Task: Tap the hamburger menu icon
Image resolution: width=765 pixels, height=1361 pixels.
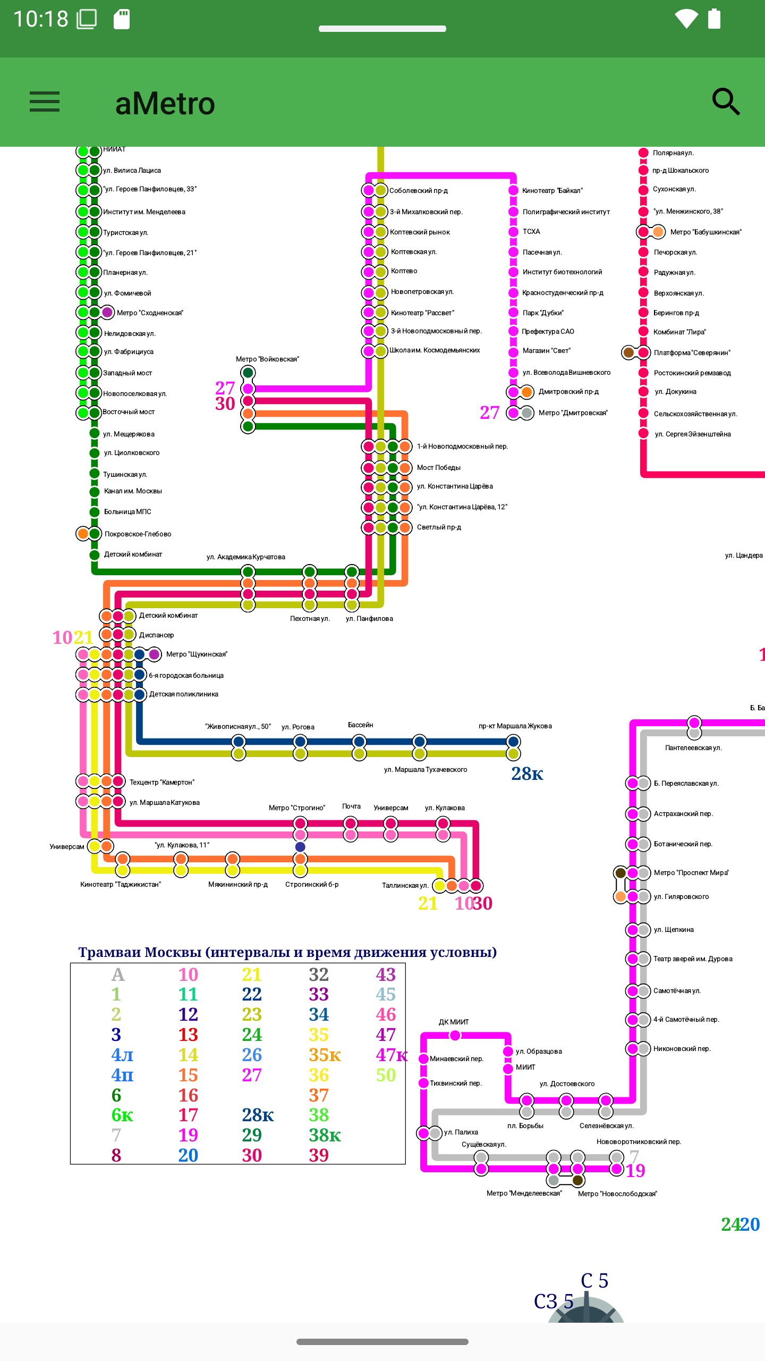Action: pos(45,102)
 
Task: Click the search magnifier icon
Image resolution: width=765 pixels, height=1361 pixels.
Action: pos(726,102)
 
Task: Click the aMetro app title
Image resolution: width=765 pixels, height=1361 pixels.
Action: pos(165,104)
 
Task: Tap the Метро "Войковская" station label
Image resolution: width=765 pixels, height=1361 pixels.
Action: pos(267,359)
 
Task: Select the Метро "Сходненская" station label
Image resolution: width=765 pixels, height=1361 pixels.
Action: pos(150,313)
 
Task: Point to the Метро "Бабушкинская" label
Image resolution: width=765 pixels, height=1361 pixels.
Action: pos(705,232)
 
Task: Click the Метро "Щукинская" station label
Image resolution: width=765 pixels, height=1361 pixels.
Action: pos(197,654)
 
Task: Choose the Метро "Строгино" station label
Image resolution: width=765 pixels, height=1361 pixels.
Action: pos(296,808)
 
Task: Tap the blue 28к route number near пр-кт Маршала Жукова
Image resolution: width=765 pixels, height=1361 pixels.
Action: pos(527,774)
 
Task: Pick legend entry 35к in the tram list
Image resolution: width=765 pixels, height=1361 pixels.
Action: pos(325,1054)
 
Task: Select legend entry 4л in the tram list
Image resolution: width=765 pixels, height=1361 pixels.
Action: pos(122,1054)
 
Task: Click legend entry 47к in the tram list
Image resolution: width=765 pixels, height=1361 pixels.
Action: pos(392,1054)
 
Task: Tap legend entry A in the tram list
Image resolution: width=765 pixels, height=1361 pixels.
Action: pos(117,974)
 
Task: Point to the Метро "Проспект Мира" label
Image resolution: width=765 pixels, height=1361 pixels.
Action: pos(691,872)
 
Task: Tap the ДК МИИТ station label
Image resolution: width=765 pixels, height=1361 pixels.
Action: pos(454,1022)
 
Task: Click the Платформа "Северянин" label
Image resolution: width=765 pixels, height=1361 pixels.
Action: pos(692,352)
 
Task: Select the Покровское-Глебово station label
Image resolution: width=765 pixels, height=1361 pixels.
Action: pos(138,534)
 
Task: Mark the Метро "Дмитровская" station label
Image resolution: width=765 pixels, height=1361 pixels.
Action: pos(573,413)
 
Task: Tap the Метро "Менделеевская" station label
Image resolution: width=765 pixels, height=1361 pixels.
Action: pos(524,1194)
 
